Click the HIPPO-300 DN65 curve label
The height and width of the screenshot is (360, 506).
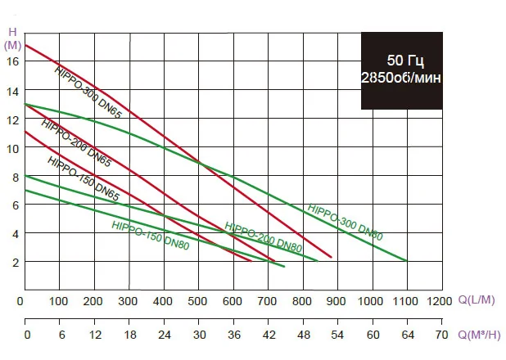[x=88, y=92]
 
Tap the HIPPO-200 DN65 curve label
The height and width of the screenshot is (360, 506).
[x=76, y=143]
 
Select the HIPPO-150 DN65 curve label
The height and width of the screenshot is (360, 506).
[x=84, y=178]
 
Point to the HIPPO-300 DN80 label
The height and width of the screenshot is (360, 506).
[x=345, y=222]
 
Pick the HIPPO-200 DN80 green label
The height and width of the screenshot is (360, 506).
[x=263, y=237]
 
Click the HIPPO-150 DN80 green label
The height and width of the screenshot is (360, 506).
[x=150, y=235]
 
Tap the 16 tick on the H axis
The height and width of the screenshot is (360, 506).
[x=13, y=61]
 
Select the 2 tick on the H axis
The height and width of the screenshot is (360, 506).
[x=16, y=263]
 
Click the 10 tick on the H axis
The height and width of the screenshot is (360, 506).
[x=13, y=149]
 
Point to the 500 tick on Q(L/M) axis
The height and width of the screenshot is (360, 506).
[x=197, y=301]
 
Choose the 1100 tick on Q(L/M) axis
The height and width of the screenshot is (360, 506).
[x=405, y=301]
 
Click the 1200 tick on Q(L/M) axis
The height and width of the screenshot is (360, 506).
[x=439, y=301]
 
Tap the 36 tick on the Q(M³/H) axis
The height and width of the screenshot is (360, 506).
[x=234, y=335]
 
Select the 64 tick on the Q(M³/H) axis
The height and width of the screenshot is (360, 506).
[x=408, y=335]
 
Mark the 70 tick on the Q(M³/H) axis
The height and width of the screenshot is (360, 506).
[x=441, y=335]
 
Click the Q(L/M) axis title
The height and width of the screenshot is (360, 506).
[x=477, y=300]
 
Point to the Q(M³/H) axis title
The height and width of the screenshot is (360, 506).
[x=479, y=334]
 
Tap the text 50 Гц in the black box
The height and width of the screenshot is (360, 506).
[x=405, y=61]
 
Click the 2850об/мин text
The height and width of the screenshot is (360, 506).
[x=401, y=78]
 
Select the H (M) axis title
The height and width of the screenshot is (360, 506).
[x=12, y=38]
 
